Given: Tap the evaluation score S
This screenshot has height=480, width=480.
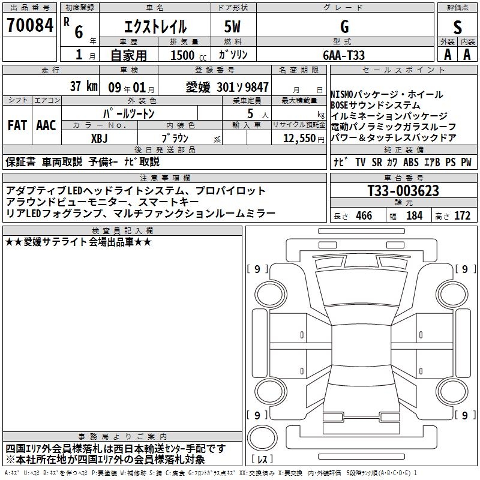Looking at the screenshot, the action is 458,27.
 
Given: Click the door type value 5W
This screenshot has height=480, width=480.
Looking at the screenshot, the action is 232,27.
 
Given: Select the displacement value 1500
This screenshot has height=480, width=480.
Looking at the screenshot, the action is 182,55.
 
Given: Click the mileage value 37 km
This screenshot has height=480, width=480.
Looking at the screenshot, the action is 83,86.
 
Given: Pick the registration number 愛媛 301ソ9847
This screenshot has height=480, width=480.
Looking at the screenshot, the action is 227,86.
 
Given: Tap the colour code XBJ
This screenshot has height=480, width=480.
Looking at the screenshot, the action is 99,137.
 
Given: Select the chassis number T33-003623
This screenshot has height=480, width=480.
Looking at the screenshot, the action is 403,191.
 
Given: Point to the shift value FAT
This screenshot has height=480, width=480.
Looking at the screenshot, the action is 17,125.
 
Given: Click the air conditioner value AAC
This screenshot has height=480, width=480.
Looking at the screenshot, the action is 46,125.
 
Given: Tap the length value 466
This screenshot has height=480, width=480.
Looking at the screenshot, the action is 364,216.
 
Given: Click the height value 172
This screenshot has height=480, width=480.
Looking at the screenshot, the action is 462,216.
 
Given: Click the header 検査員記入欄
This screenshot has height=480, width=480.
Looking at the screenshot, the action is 122,231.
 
